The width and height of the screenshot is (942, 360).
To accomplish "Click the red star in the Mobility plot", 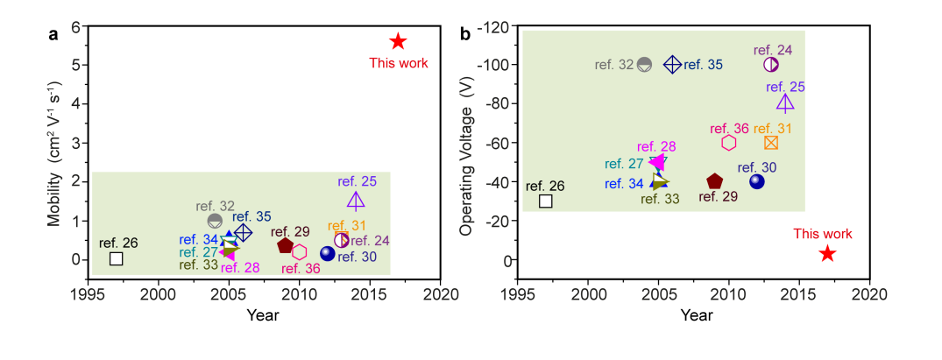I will pos(398,41).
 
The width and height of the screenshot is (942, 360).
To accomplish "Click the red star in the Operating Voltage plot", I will pos(827,253).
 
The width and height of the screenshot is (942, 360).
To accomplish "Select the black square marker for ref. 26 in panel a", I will pos(116,258).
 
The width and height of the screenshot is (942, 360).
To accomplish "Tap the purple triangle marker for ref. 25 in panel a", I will pos(356,201).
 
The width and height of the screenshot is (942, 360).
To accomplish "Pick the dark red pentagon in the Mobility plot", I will pos(285,245).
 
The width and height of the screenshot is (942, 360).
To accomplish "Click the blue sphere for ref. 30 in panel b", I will pos(757,181).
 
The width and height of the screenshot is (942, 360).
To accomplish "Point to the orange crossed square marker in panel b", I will pos(771,143).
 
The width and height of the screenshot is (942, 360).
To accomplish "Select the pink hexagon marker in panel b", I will pos(729,143).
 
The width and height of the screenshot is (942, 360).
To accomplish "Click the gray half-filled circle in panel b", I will pos(645,64).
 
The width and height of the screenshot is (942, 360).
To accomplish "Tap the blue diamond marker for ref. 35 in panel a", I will pos(244,232).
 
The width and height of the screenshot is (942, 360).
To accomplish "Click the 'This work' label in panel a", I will pos(398,62).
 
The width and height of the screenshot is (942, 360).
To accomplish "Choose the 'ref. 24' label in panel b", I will pos(772,49).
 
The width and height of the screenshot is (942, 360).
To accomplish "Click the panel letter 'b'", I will pos(464,35).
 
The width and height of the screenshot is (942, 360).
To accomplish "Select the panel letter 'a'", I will pos(53,35).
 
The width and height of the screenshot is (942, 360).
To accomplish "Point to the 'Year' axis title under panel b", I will pos(697,314).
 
